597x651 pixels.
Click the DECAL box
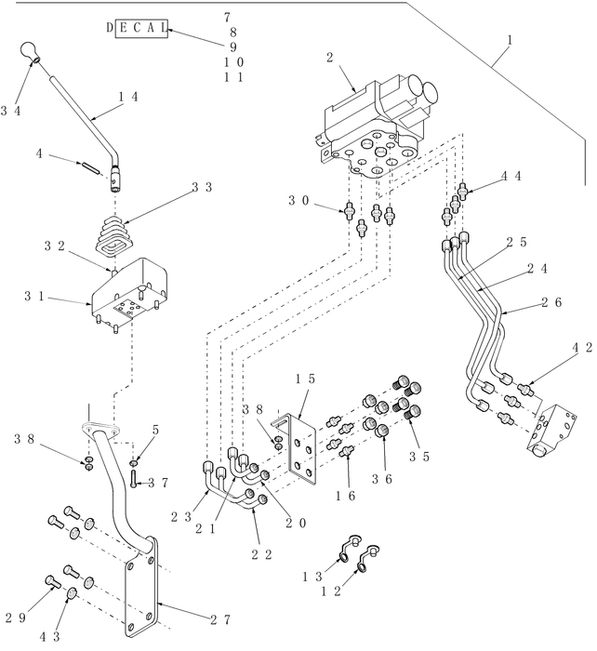coord(136,30)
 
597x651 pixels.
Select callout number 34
coord(11,112)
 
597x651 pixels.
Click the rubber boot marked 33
coord(116,237)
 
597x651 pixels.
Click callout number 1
coord(510,41)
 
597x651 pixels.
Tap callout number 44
coord(511,175)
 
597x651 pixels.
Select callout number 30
coord(298,200)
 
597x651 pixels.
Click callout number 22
coord(264,554)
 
